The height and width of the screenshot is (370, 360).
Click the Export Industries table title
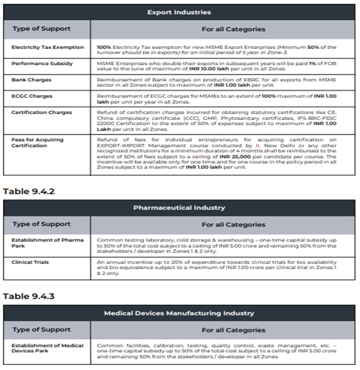tap(179, 12)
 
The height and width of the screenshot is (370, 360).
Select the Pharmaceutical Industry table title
tap(179, 207)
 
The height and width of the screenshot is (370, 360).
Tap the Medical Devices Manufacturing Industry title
tap(179, 313)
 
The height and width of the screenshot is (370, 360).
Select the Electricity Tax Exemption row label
tap(48, 47)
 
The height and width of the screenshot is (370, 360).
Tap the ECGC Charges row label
tap(31, 96)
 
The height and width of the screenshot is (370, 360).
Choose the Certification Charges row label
tap(42, 112)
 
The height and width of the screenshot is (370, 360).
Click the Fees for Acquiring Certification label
tap(38, 142)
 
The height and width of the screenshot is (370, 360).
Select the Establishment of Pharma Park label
tap(48, 243)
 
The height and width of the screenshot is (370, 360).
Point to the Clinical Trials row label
tap(30, 262)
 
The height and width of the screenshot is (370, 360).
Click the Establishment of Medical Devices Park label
tap(48, 348)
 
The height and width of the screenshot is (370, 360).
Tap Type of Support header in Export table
tap(42, 29)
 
